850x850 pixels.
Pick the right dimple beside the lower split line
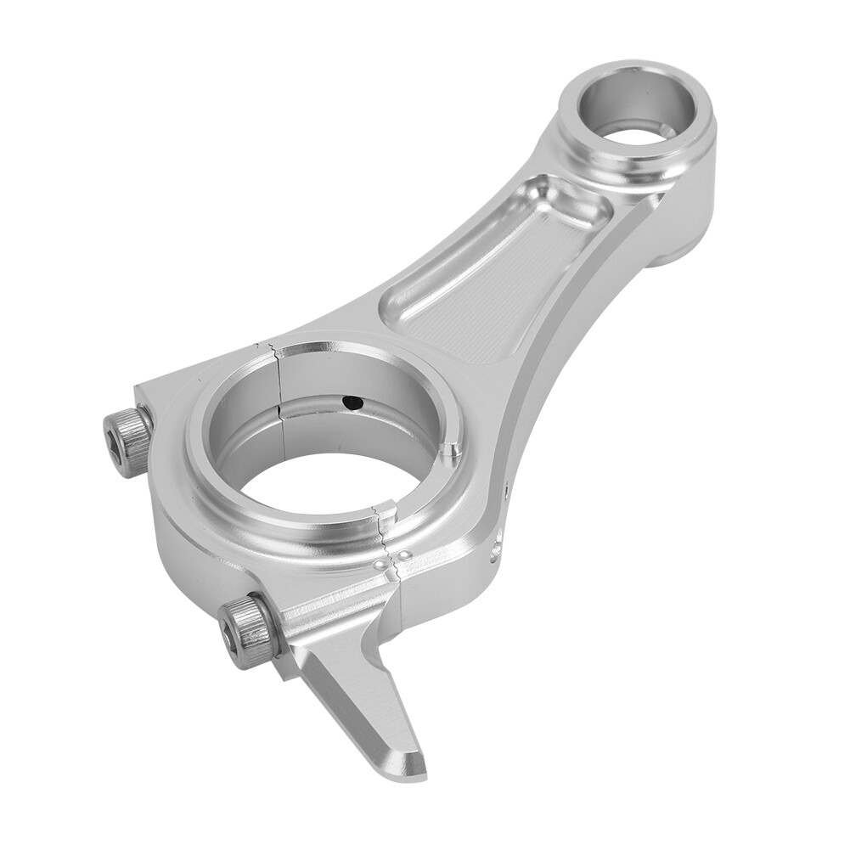[x=405, y=554]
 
